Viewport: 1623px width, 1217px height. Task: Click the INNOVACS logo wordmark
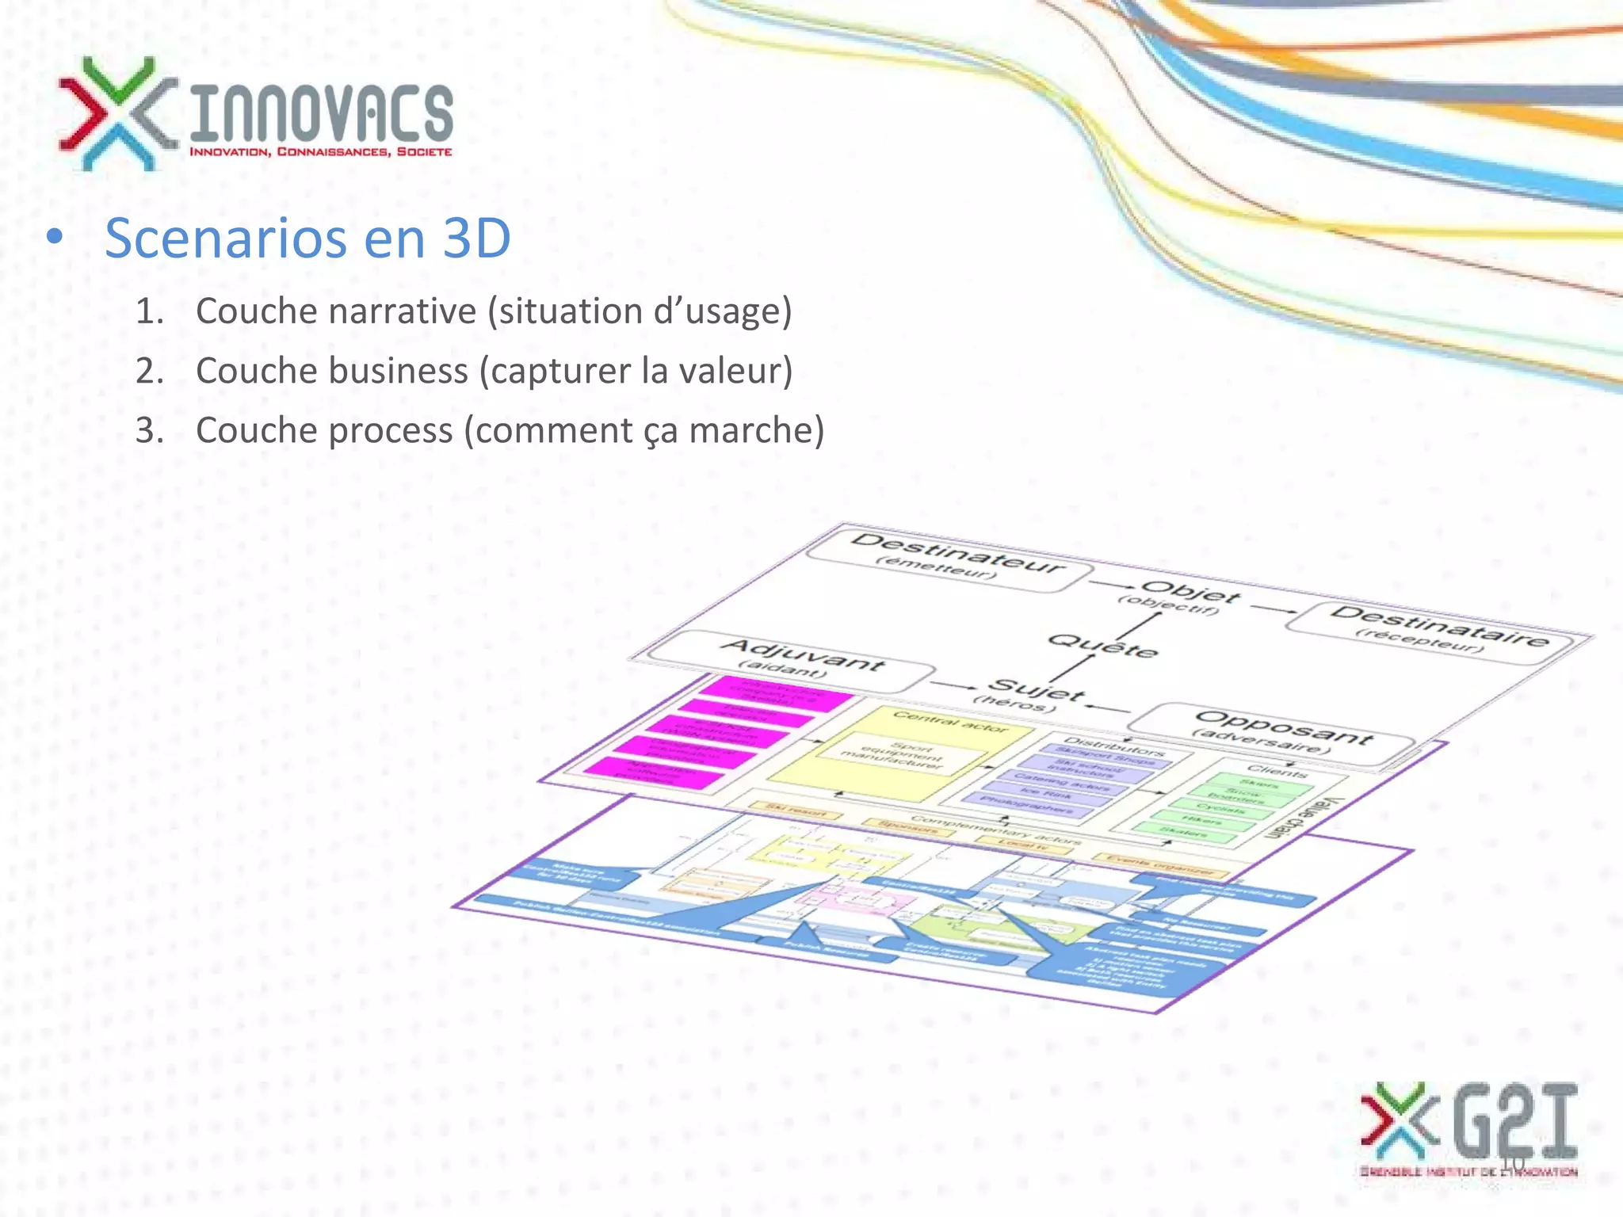point(321,115)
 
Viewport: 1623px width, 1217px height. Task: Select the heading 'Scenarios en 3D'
point(307,238)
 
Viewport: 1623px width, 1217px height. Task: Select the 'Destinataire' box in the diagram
point(1435,629)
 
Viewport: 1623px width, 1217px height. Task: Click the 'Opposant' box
point(1276,732)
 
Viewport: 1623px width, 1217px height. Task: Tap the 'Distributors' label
point(1113,745)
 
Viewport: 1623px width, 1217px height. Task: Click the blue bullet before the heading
point(54,237)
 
